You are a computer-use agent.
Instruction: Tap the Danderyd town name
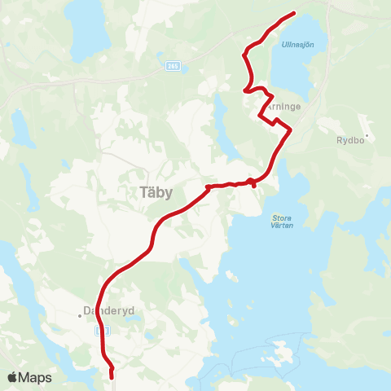(x=102, y=310)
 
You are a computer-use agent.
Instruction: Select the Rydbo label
(x=351, y=139)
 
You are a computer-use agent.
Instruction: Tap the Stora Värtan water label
(x=281, y=221)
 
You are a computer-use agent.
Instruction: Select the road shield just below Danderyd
(x=101, y=332)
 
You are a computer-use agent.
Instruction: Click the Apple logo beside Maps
(x=13, y=378)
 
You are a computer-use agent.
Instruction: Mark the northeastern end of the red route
(x=293, y=12)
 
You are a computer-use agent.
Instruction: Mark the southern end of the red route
(x=111, y=377)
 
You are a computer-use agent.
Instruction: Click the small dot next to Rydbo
(x=367, y=135)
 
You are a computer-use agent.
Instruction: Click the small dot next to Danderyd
(x=83, y=310)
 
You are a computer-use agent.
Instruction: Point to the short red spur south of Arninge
(x=254, y=185)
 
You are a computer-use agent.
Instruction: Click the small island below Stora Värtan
(x=284, y=355)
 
